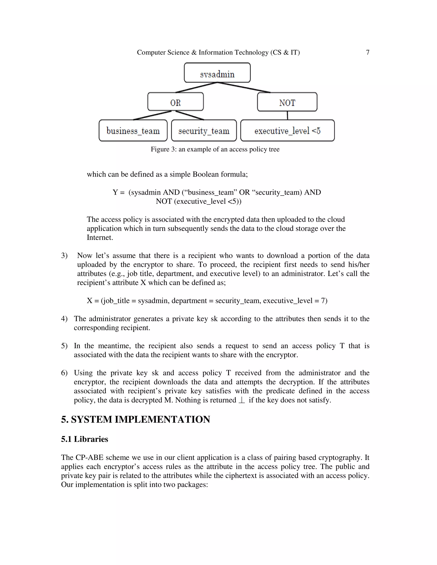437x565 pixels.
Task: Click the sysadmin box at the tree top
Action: click(x=217, y=73)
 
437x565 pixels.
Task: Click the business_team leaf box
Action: click(x=133, y=130)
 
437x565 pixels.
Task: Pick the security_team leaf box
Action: click(x=204, y=130)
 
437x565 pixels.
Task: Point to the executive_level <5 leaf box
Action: click(x=287, y=130)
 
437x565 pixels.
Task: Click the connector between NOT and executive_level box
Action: click(x=287, y=115)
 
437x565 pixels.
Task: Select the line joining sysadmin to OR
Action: click(x=196, y=87)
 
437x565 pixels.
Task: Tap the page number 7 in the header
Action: click(x=367, y=52)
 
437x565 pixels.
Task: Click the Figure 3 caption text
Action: click(x=215, y=149)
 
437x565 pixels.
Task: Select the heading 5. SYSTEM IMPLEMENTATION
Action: click(x=135, y=419)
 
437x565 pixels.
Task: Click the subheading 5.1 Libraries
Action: click(x=84, y=439)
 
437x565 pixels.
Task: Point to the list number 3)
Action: click(x=64, y=256)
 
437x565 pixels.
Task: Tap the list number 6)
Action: click(x=64, y=373)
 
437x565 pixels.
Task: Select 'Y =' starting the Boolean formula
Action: click(x=119, y=193)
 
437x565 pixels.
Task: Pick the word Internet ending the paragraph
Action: click(x=100, y=238)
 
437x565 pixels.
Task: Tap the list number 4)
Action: click(x=64, y=319)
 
